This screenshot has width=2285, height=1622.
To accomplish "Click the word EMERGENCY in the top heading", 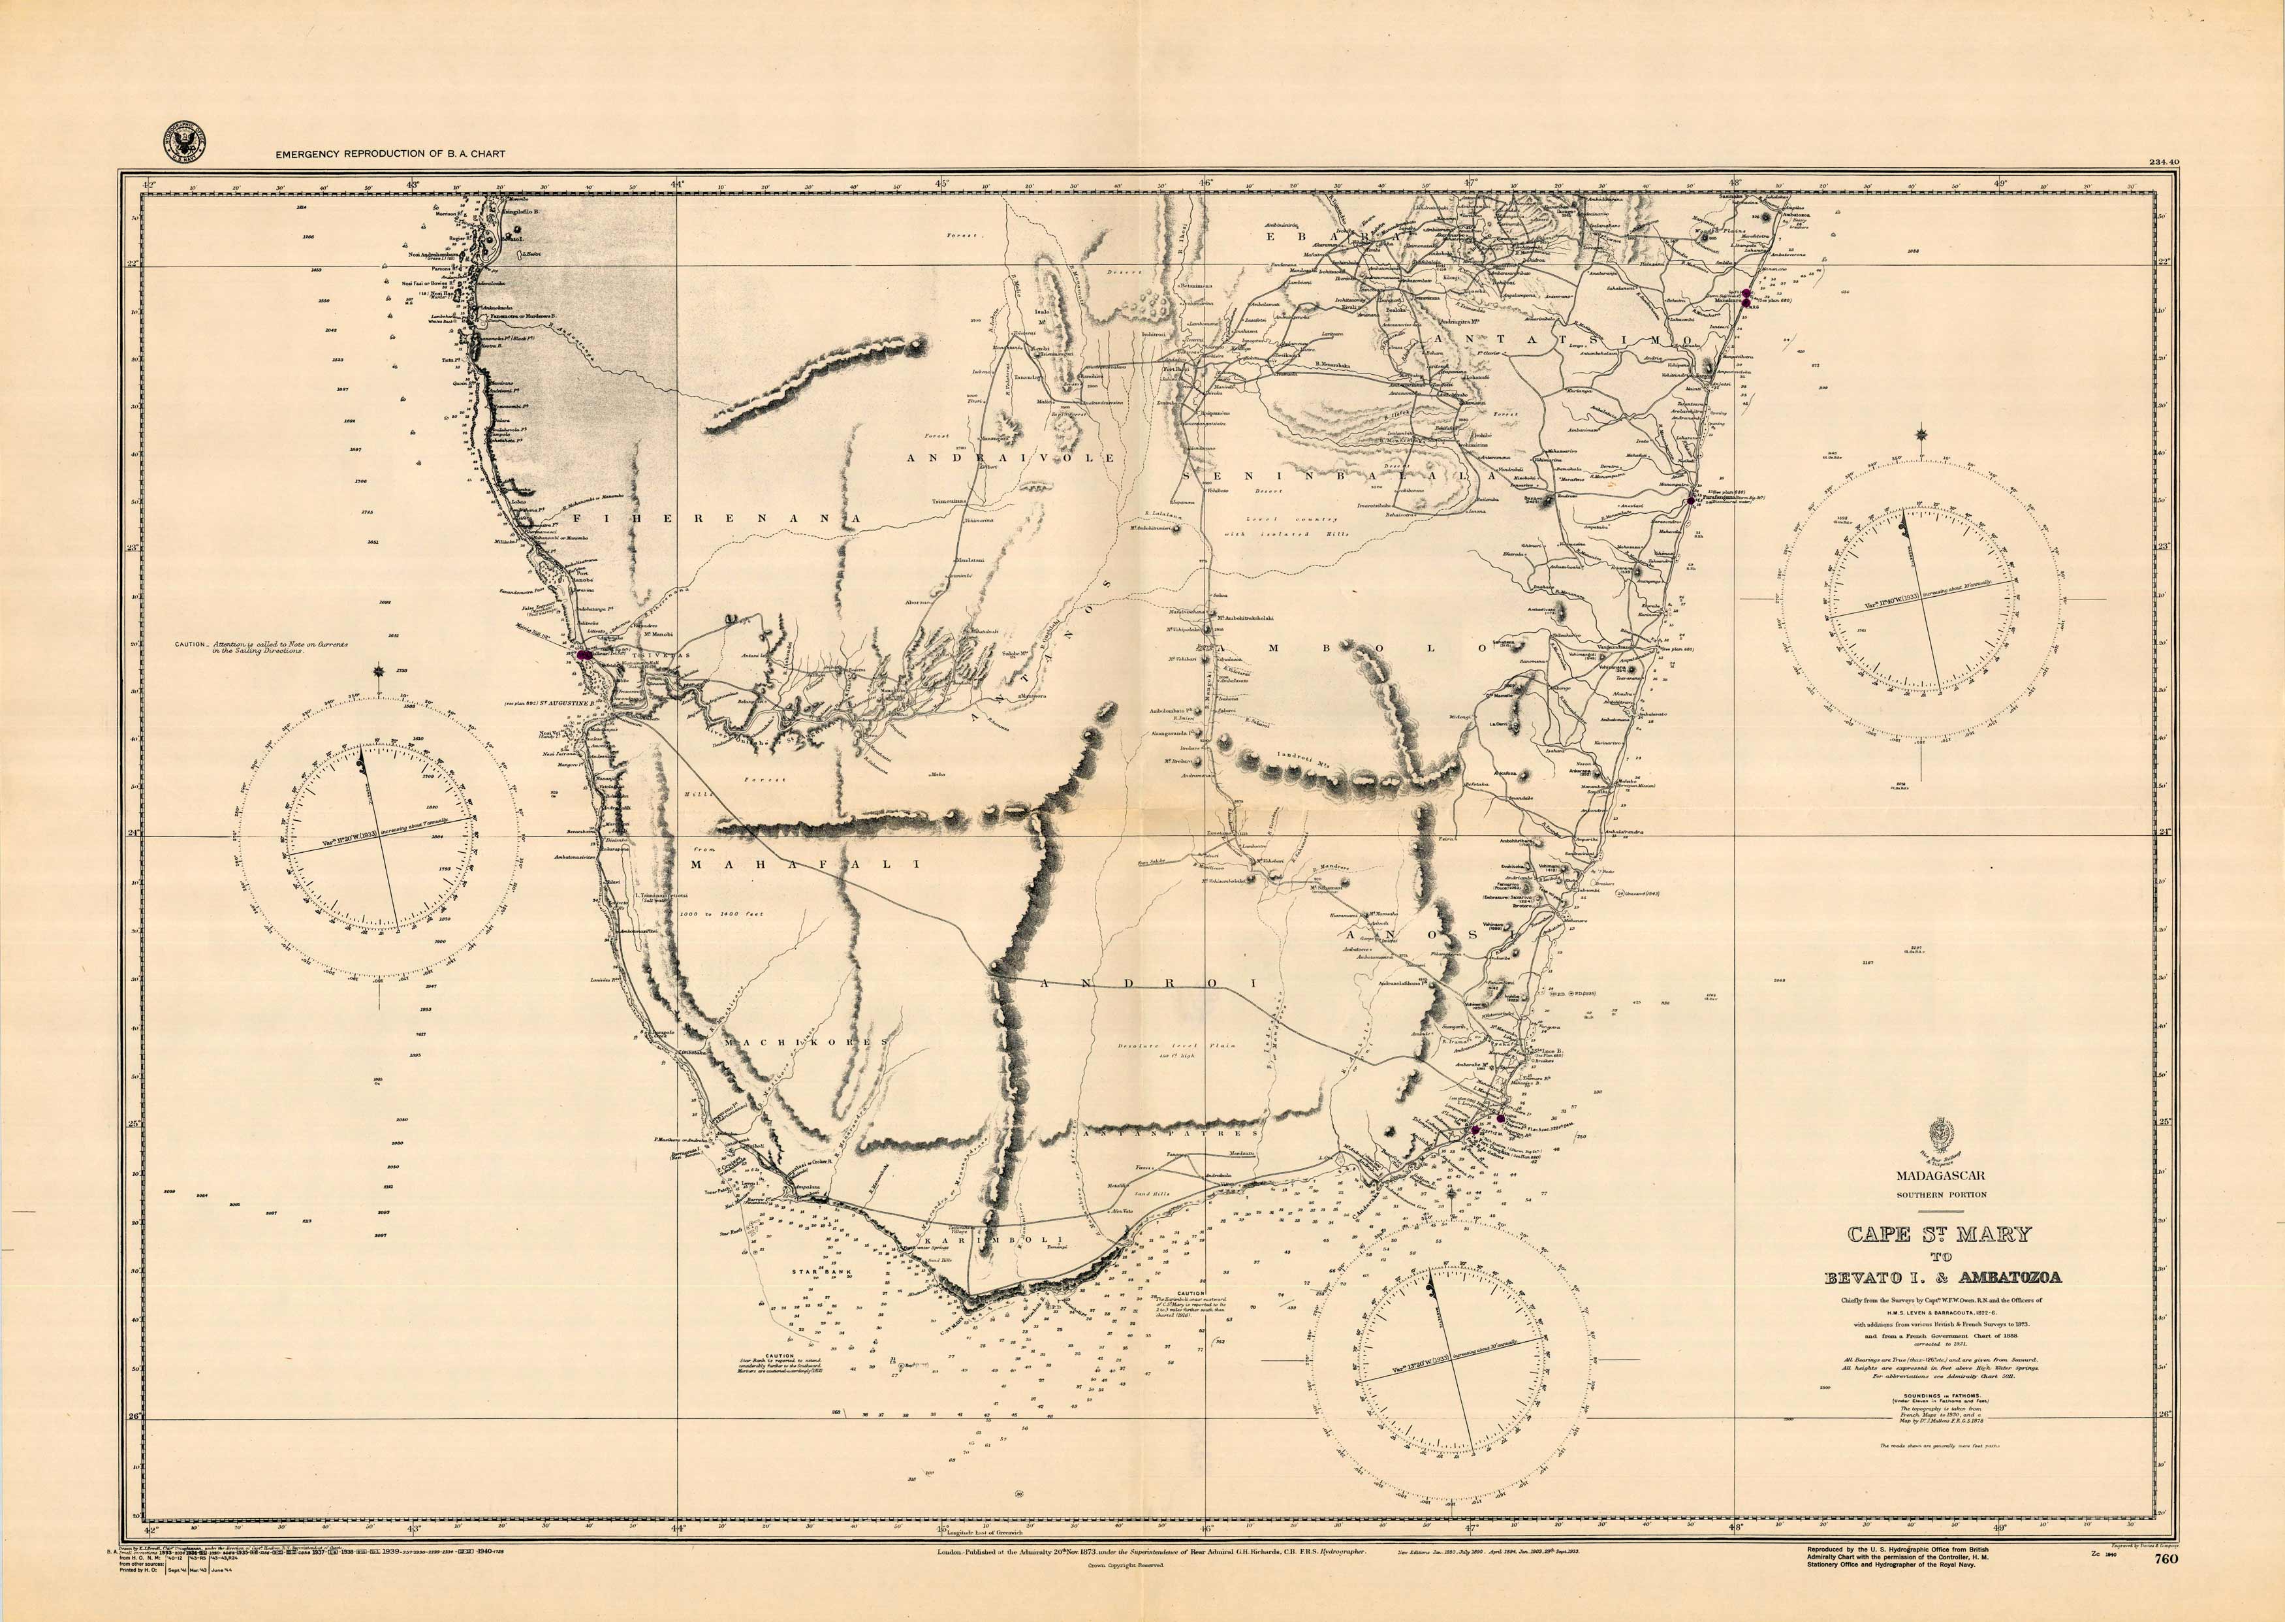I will coord(307,154).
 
